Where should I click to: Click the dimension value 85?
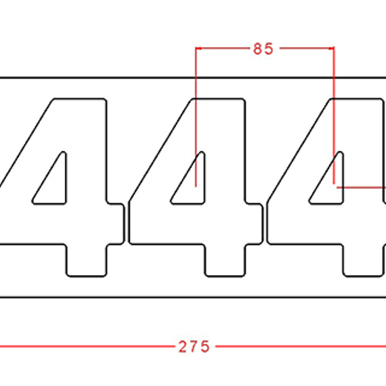(x=263, y=49)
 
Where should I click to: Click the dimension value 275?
(x=194, y=346)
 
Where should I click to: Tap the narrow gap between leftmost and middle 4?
(x=127, y=223)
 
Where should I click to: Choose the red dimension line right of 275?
(x=298, y=346)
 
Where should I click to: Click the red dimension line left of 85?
(x=220, y=49)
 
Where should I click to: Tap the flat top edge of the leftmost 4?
(x=79, y=99)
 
